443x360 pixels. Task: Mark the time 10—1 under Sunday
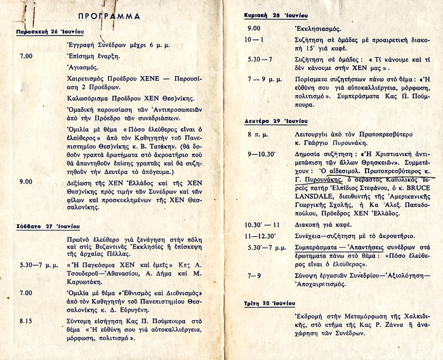(x=256, y=40)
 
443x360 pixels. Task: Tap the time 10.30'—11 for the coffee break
(x=262, y=225)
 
